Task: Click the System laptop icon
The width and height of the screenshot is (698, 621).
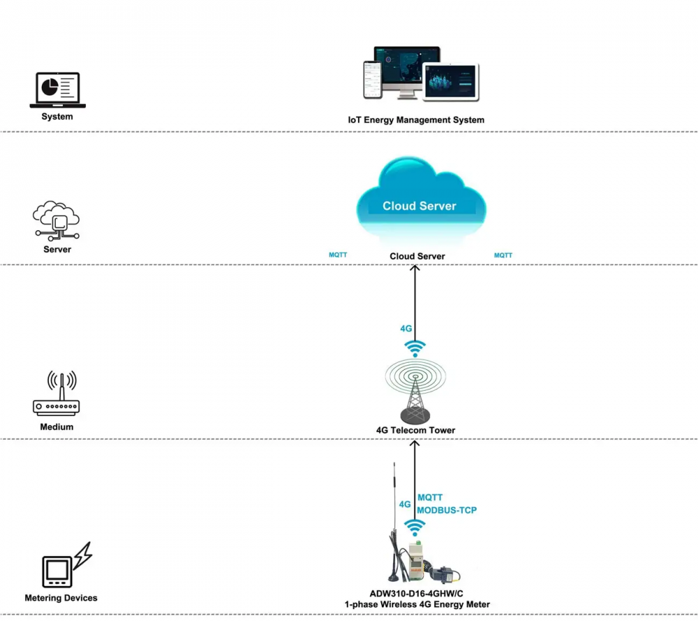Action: [x=57, y=90]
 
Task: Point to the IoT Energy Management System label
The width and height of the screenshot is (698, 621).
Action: [x=416, y=120]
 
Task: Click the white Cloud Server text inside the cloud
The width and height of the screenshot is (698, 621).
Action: [x=419, y=206]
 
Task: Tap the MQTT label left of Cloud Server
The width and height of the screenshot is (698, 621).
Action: [x=338, y=255]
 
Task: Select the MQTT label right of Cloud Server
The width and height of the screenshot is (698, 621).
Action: [x=503, y=255]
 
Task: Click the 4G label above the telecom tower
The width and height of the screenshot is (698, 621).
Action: [x=406, y=328]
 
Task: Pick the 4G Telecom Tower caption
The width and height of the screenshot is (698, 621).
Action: [x=415, y=431]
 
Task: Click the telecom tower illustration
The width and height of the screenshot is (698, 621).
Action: [x=415, y=391]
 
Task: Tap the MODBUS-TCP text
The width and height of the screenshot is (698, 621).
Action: [x=447, y=510]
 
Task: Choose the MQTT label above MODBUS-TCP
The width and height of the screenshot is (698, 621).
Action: [x=430, y=497]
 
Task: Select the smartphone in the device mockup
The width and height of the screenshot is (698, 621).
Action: [x=370, y=79]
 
